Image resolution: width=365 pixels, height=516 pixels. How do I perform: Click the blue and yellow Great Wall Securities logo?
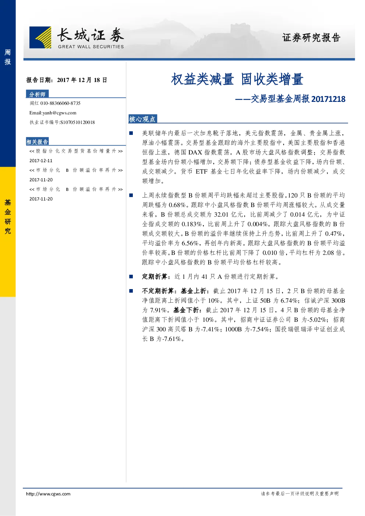[40, 37]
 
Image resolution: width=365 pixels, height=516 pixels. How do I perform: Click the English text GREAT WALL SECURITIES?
[91, 47]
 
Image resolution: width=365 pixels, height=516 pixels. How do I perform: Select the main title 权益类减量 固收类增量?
[237, 79]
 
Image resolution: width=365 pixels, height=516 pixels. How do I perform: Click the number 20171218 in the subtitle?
[328, 99]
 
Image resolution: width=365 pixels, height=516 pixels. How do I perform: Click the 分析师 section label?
[37, 94]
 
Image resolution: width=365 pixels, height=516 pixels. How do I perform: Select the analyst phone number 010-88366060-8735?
[60, 103]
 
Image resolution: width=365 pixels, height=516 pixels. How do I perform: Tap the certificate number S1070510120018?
[77, 122]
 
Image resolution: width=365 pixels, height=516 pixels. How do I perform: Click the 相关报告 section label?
[37, 142]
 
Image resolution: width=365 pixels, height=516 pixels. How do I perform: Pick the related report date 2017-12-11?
[41, 161]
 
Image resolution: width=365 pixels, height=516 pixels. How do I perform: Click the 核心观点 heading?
[142, 119]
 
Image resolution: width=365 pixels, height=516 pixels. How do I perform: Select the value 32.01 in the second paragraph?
[222, 215]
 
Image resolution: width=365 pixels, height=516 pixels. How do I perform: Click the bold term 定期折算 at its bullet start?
[155, 277]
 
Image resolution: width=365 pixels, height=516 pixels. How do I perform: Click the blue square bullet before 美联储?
[131, 133]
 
